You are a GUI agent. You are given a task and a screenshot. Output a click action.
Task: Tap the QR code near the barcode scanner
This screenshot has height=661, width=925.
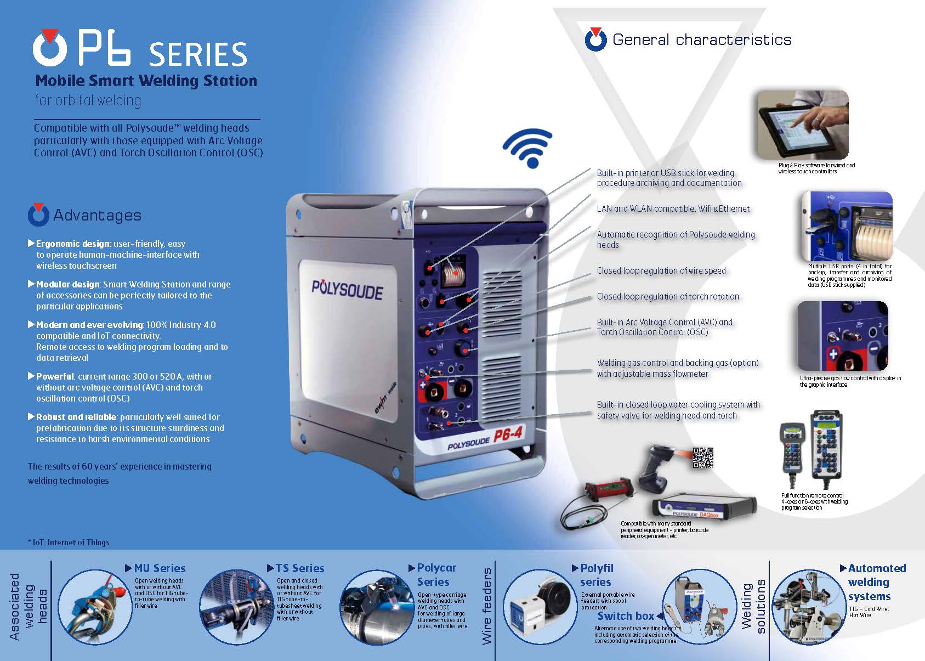tap(703, 457)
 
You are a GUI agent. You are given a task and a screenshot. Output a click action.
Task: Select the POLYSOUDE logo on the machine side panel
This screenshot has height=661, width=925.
tap(347, 290)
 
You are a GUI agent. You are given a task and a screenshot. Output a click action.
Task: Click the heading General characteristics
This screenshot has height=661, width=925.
tap(702, 39)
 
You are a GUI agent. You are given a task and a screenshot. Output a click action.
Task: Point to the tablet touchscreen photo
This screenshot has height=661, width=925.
tap(803, 125)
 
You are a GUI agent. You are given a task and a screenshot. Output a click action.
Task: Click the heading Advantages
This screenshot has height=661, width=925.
tap(98, 215)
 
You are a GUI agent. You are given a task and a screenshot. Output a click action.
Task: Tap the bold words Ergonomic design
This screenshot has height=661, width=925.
tap(73, 244)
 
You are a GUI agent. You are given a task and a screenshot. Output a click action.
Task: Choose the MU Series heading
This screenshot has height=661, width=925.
tap(160, 568)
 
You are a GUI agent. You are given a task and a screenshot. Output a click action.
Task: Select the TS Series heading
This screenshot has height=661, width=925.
tap(300, 568)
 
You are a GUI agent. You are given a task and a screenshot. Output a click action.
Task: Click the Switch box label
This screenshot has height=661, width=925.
tap(626, 616)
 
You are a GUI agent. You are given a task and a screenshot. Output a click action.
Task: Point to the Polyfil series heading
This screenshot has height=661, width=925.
tap(597, 575)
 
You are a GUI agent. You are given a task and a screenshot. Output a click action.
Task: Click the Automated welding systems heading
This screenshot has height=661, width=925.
tap(877, 582)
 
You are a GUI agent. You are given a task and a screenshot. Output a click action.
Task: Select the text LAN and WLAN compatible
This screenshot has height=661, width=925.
tap(646, 208)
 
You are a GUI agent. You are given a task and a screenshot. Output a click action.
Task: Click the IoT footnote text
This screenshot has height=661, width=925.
tap(69, 543)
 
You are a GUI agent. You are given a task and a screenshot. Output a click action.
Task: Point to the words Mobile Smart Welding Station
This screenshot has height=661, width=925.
tap(146, 81)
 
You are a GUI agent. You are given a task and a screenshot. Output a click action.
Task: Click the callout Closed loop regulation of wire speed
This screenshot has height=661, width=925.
tap(661, 270)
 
